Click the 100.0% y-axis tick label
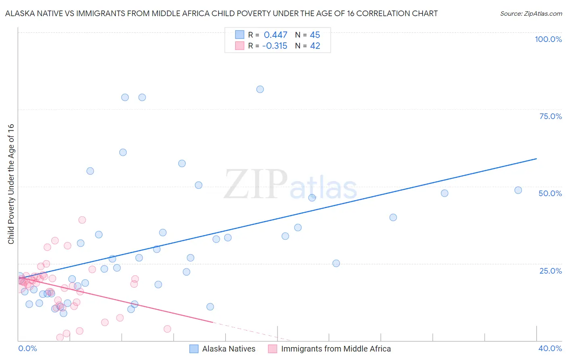[548, 39]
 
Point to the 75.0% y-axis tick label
[550, 116]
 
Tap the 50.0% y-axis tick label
[550, 193]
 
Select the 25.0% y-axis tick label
[550, 270]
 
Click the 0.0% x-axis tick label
[27, 348]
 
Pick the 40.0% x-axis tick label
[550, 348]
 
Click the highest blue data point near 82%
[260, 89]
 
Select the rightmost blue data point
[518, 190]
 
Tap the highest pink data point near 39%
[82, 220]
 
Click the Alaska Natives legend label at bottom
[229, 349]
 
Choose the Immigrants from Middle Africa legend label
[336, 349]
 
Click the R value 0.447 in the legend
[275, 35]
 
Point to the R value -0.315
[275, 46]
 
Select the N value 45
[315, 35]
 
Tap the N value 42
[315, 46]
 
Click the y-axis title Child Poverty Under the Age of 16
[11, 184]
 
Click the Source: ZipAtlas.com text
[531, 13]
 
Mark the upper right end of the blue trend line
[536, 159]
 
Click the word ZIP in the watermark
[255, 185]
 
